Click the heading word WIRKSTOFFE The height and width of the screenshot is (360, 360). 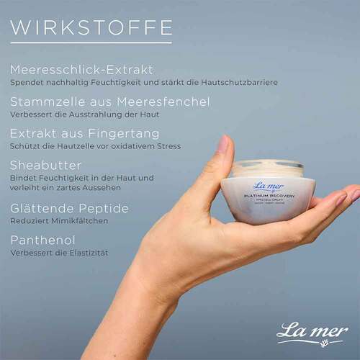(x=91, y=27)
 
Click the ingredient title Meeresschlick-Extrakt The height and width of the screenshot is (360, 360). (x=81, y=70)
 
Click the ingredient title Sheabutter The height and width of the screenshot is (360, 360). (x=45, y=165)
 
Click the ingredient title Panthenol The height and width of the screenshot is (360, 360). (x=42, y=240)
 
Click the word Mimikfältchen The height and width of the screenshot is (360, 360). (x=81, y=221)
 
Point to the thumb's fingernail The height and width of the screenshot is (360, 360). (x=222, y=144)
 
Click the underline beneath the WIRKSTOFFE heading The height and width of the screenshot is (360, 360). (x=91, y=43)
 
